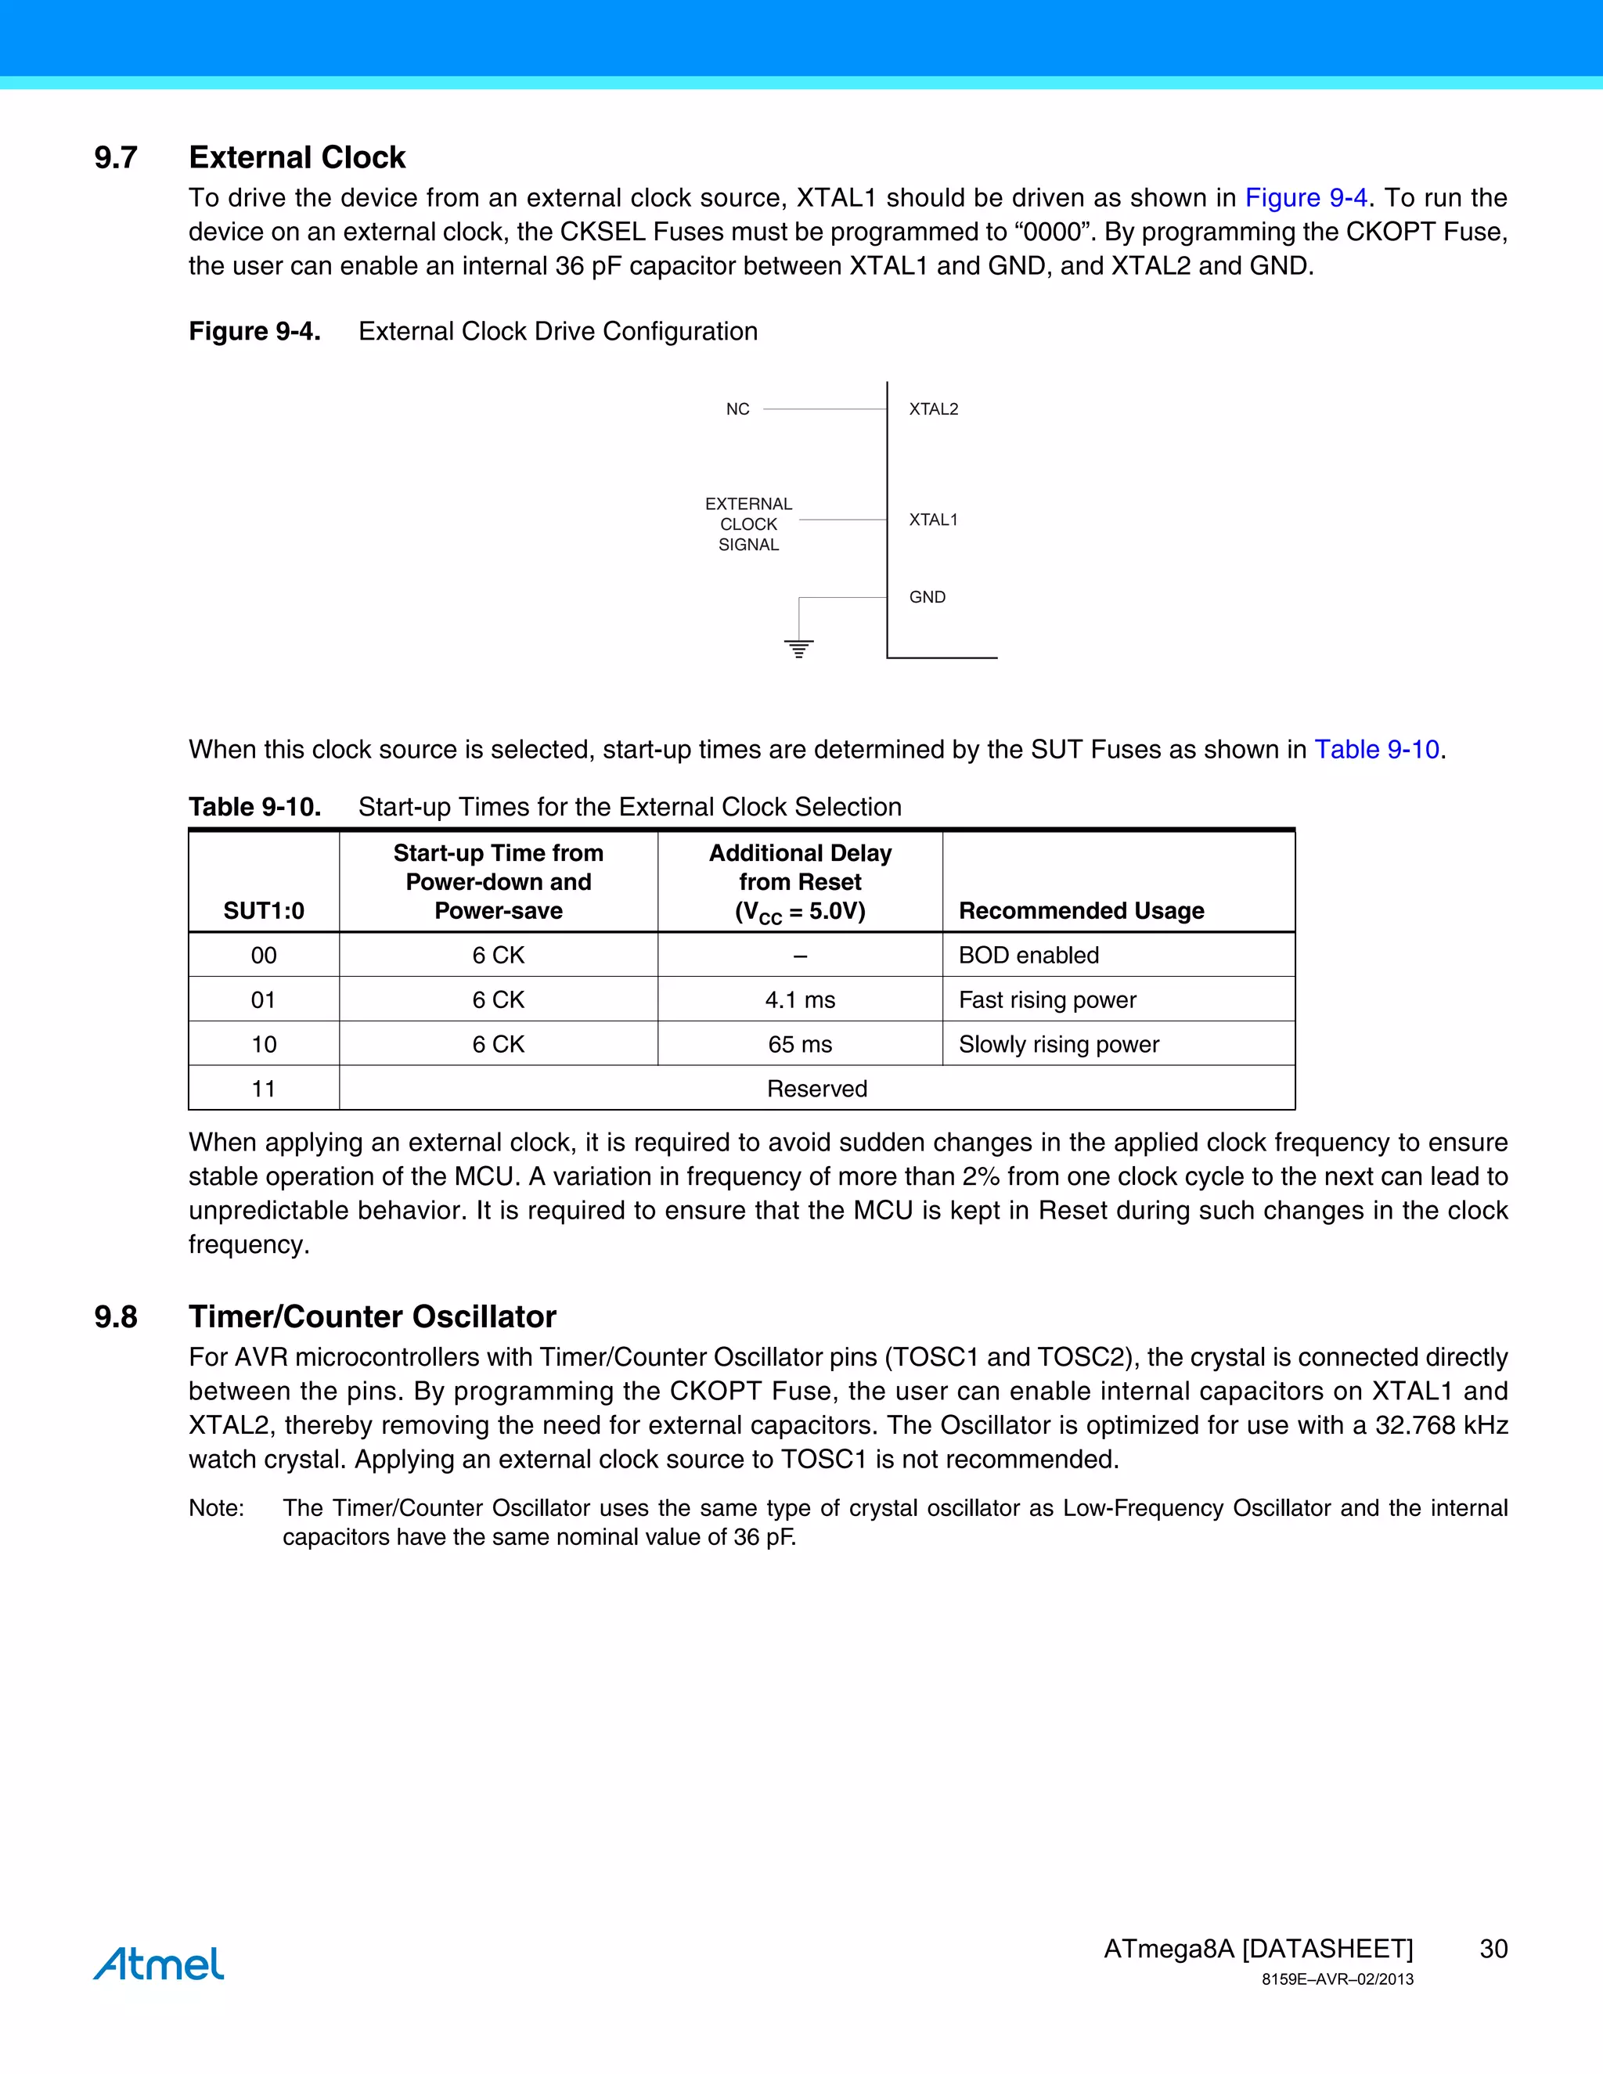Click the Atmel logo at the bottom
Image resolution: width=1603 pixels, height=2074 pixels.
click(x=159, y=1963)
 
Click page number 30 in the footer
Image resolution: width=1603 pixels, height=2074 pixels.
click(x=1493, y=1949)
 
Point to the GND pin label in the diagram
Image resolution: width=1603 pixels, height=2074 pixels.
click(x=927, y=597)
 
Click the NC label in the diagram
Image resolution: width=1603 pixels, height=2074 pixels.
click(x=738, y=409)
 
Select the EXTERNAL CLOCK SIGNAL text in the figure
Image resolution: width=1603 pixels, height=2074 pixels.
click(x=748, y=524)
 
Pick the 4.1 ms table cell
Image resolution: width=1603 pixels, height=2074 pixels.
click(x=800, y=1000)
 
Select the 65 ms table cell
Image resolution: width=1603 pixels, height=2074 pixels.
click(x=800, y=1045)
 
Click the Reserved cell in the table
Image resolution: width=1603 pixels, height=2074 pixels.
click(x=816, y=1089)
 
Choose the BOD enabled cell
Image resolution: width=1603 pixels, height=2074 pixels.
click(x=1028, y=956)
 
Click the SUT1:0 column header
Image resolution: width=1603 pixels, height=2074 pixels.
click(x=264, y=911)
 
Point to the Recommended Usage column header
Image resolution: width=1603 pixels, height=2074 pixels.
click(x=1081, y=911)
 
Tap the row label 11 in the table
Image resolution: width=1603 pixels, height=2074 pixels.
click(x=264, y=1089)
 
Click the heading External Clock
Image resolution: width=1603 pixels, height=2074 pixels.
click(x=297, y=157)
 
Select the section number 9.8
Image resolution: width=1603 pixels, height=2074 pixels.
click(x=116, y=1316)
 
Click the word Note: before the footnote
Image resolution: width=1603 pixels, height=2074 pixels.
click(x=217, y=1508)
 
